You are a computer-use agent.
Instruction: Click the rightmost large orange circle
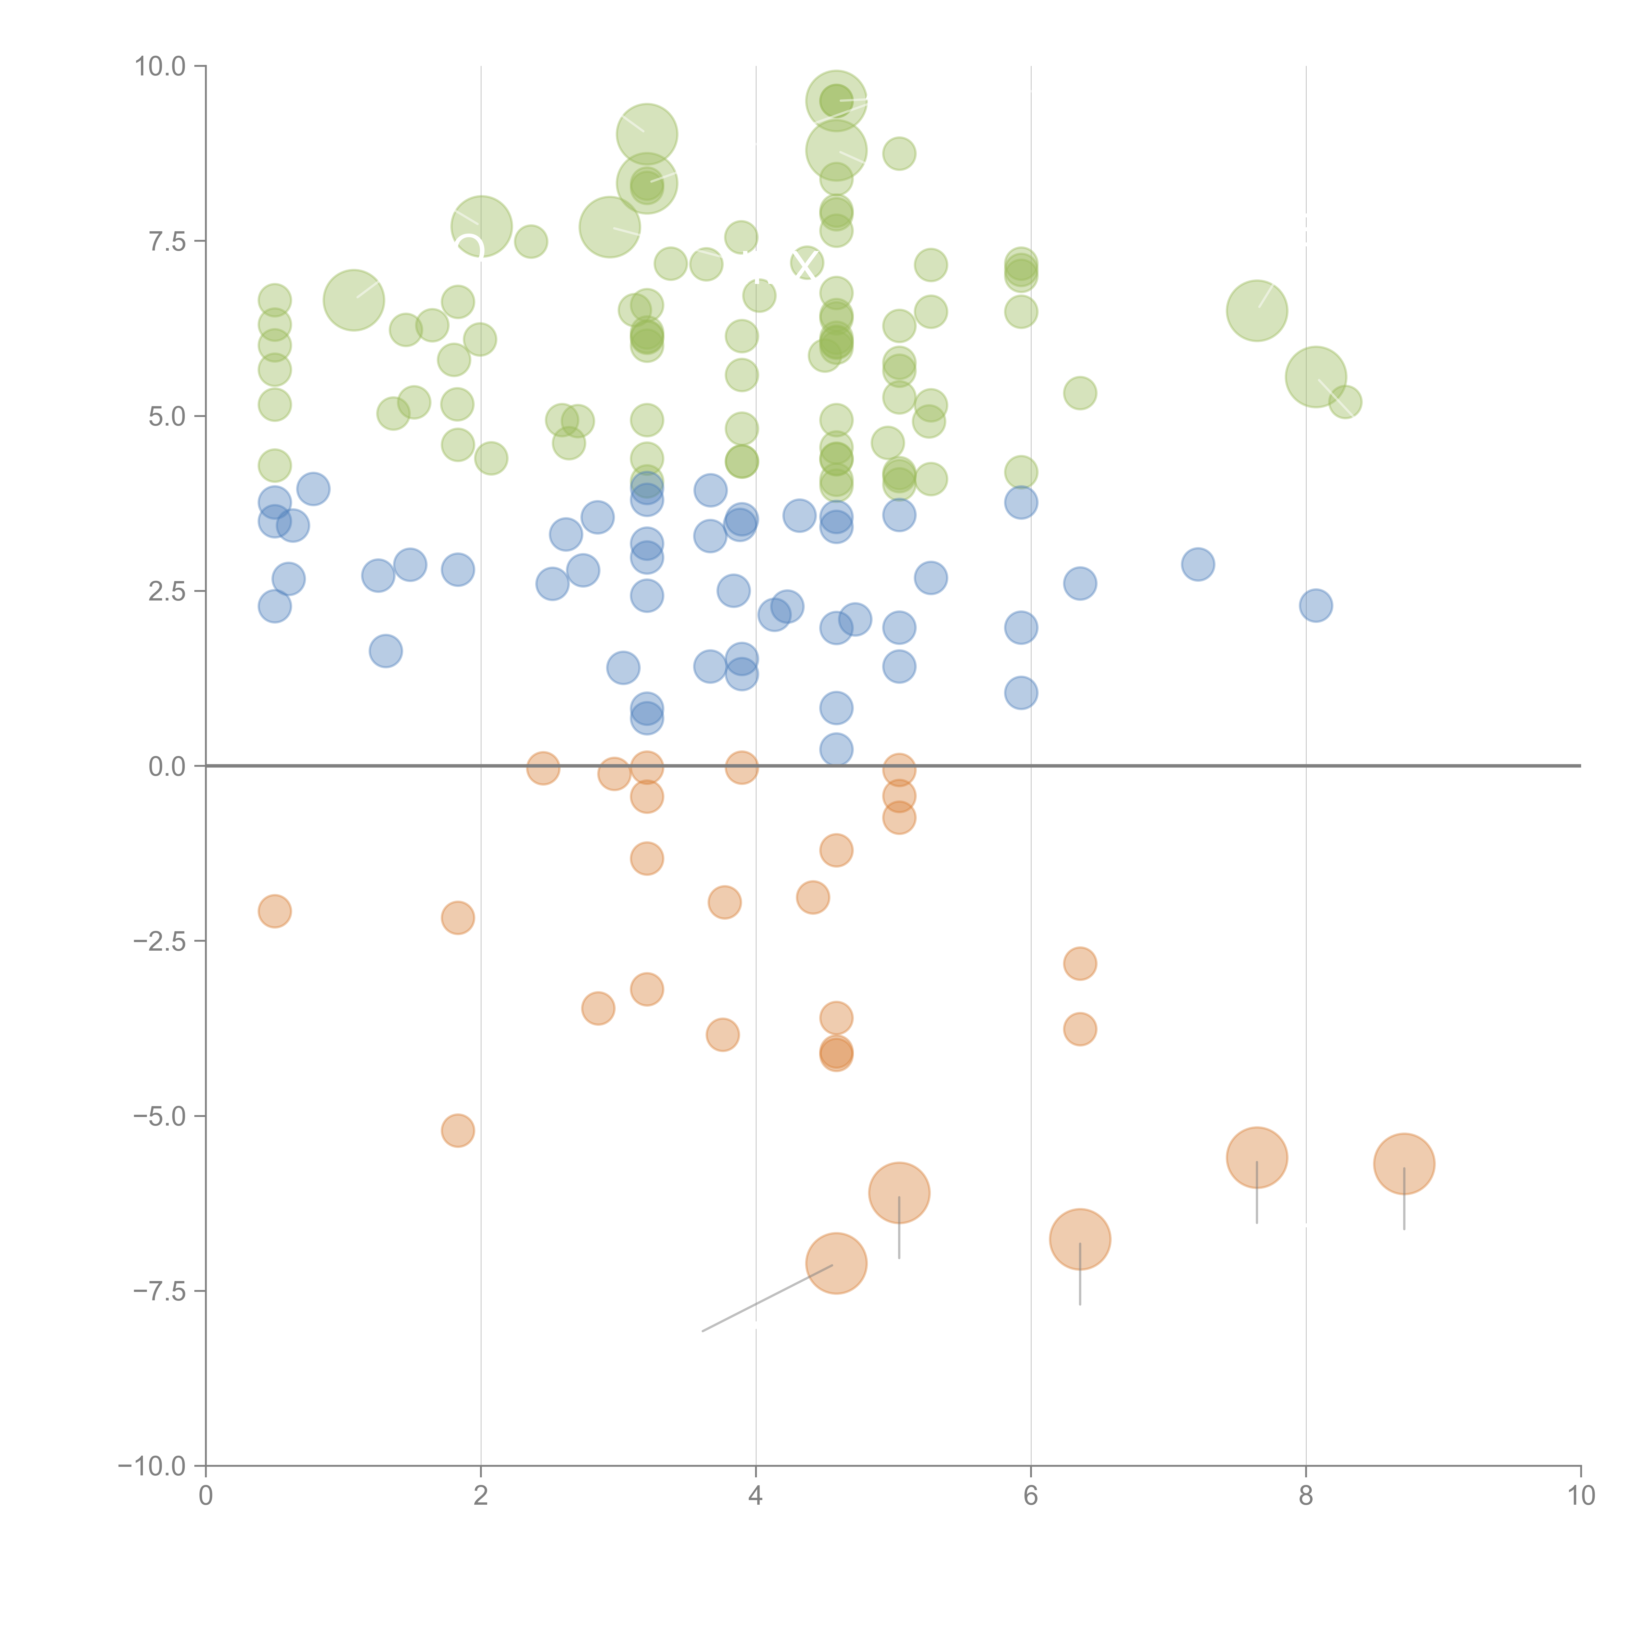click(x=1404, y=1164)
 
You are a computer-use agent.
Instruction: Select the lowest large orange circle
click(x=836, y=1263)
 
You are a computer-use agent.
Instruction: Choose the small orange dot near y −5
click(x=458, y=1131)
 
